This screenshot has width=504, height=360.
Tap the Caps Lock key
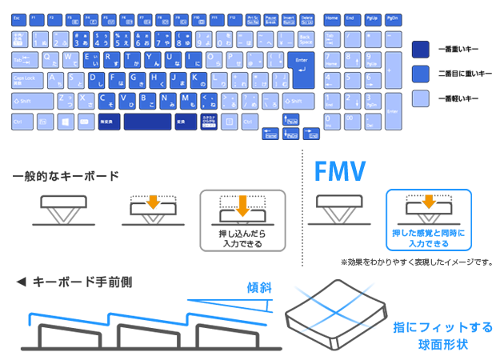[x=28, y=80]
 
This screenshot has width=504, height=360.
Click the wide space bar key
[x=146, y=122]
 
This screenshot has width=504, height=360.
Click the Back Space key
[x=305, y=38]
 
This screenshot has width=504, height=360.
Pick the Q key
[x=50, y=60]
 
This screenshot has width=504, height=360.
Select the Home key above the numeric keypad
[x=331, y=18]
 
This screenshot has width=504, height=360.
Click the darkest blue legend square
[x=420, y=49]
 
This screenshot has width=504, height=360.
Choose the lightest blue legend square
[x=420, y=98]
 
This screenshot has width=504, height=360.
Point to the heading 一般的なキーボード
[x=66, y=176]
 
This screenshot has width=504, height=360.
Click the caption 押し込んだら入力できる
[x=242, y=238]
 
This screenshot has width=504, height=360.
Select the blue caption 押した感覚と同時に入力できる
[x=428, y=238]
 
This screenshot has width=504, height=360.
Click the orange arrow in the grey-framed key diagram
[x=242, y=202]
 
